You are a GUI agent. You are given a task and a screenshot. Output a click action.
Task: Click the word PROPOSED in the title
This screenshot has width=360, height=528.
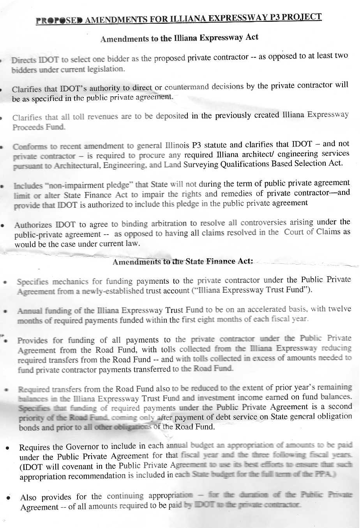coord(59,21)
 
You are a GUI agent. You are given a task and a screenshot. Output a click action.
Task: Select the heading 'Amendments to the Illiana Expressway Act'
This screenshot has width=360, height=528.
coord(179,38)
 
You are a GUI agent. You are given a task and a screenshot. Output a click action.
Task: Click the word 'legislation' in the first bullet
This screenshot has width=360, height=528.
coord(104,69)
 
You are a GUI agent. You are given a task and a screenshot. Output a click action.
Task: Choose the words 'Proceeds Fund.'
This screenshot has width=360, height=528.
coord(39,127)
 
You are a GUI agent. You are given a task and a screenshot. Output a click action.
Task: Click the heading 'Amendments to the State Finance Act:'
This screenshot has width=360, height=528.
coord(183,261)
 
